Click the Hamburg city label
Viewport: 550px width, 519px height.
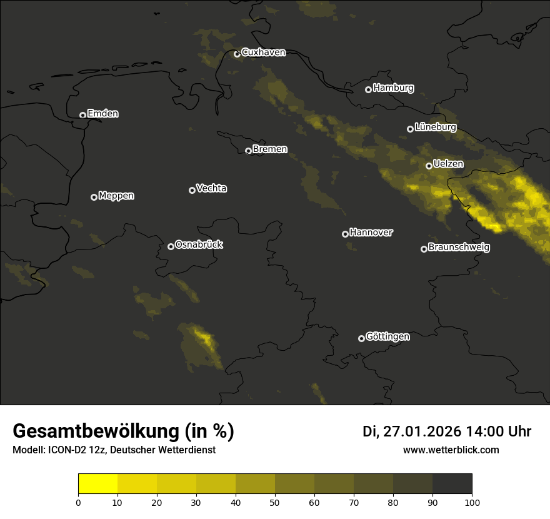point(393,88)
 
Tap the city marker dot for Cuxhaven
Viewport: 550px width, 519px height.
point(237,54)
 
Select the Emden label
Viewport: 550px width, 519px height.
point(102,114)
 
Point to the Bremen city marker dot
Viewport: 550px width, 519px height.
point(248,151)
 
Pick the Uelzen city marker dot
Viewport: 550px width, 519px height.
point(429,166)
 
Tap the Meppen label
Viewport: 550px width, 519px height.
point(116,196)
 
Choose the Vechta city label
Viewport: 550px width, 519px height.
point(211,188)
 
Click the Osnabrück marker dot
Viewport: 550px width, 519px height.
point(171,246)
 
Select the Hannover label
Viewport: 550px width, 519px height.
point(371,233)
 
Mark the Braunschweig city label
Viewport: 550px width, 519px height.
point(459,248)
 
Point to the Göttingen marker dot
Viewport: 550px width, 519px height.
point(361,338)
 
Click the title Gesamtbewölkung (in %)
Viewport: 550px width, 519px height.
point(123,431)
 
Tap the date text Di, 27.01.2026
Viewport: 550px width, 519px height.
point(411,431)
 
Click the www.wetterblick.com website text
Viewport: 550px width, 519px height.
point(451,450)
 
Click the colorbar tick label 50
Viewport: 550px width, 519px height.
point(275,501)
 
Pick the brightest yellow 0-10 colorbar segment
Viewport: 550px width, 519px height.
point(97,484)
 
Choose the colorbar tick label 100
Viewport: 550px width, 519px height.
point(472,501)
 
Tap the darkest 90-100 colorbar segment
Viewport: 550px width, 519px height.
point(452,484)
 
